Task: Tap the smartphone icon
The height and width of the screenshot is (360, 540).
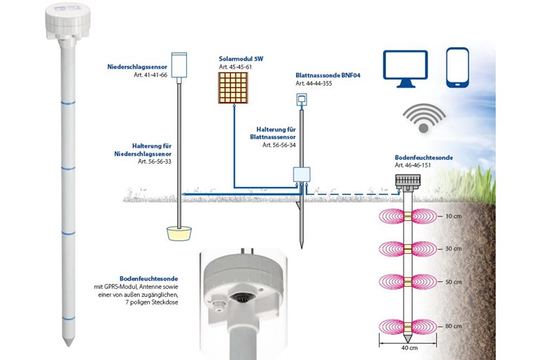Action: tap(458, 67)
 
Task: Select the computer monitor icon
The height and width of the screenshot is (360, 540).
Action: tap(405, 69)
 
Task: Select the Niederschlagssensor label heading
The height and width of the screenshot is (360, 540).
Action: tap(137, 67)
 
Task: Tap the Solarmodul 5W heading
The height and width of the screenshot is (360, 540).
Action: tap(236, 58)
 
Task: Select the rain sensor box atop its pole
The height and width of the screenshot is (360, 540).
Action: tap(180, 64)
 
